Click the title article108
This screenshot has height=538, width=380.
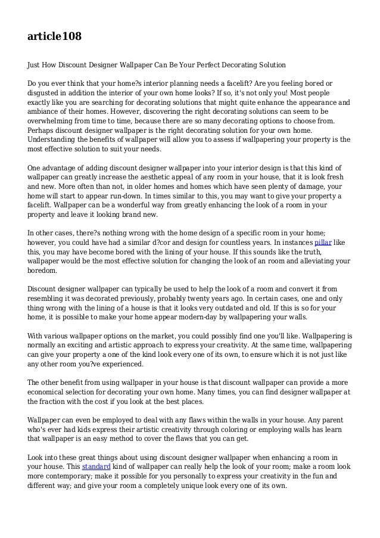click(x=54, y=38)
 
